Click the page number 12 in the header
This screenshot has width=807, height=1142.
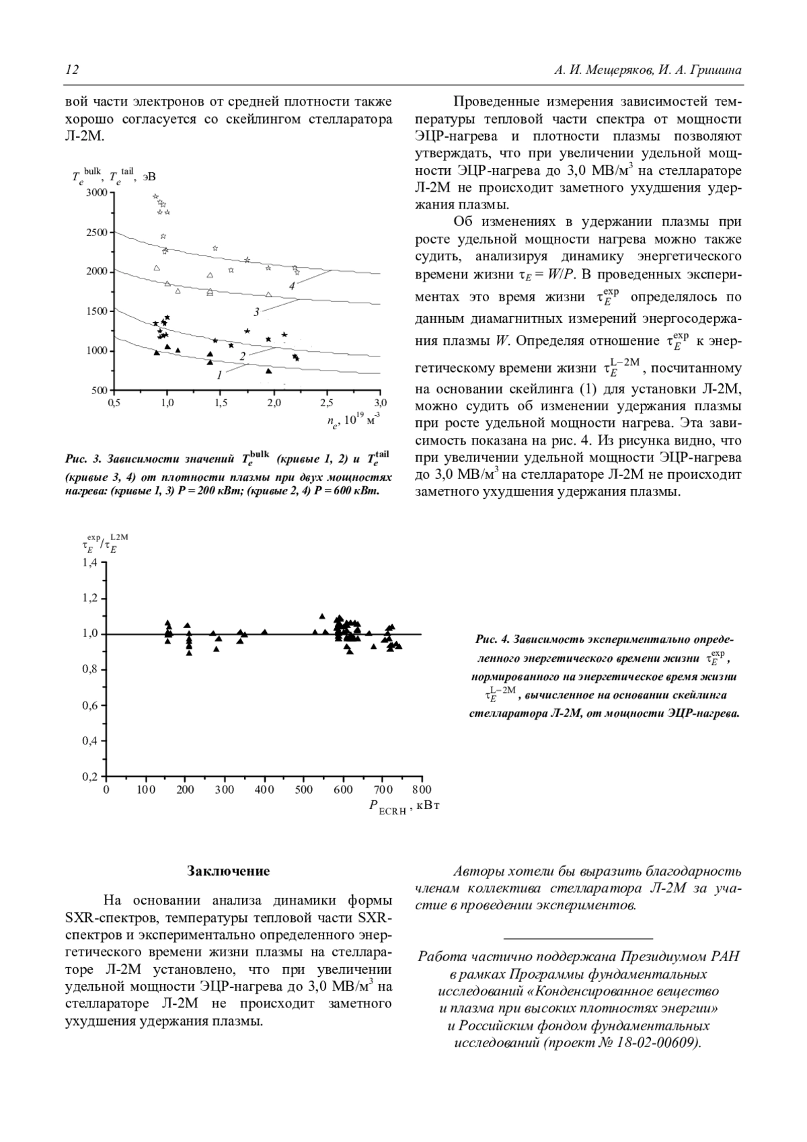[x=72, y=71]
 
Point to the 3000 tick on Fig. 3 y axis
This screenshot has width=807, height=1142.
[x=98, y=193]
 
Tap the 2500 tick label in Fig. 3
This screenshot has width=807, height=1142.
[x=98, y=233]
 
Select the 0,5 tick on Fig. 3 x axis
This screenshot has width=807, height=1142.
[x=114, y=402]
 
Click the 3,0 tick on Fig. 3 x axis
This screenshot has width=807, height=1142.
[x=380, y=402]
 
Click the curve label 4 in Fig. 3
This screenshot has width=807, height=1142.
[x=292, y=286]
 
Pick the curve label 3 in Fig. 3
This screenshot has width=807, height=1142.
[x=256, y=312]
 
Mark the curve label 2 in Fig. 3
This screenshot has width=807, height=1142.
[x=242, y=356]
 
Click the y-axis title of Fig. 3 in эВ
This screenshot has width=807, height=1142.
[x=114, y=178]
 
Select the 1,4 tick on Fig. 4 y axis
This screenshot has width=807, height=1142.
[x=90, y=562]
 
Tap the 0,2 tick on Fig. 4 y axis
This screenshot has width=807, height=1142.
[x=90, y=777]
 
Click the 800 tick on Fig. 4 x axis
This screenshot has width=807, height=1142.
[x=422, y=789]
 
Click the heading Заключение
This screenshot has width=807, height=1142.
[x=228, y=871]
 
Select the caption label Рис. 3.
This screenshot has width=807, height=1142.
[x=83, y=459]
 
